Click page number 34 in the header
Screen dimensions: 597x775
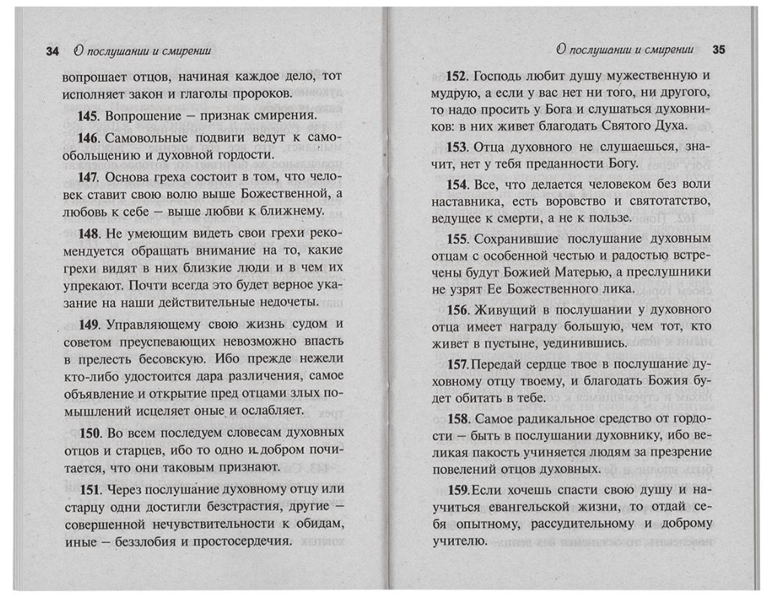tap(52, 51)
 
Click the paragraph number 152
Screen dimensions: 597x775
tap(458, 76)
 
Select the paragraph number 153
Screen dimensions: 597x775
tap(458, 146)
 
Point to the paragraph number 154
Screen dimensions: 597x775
tap(458, 184)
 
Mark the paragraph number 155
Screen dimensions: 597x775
tap(458, 239)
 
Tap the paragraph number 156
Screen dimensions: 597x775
tap(458, 309)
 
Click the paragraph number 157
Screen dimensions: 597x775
tap(458, 363)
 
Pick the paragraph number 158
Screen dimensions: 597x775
tap(458, 418)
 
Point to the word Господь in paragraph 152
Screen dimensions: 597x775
tap(501, 76)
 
